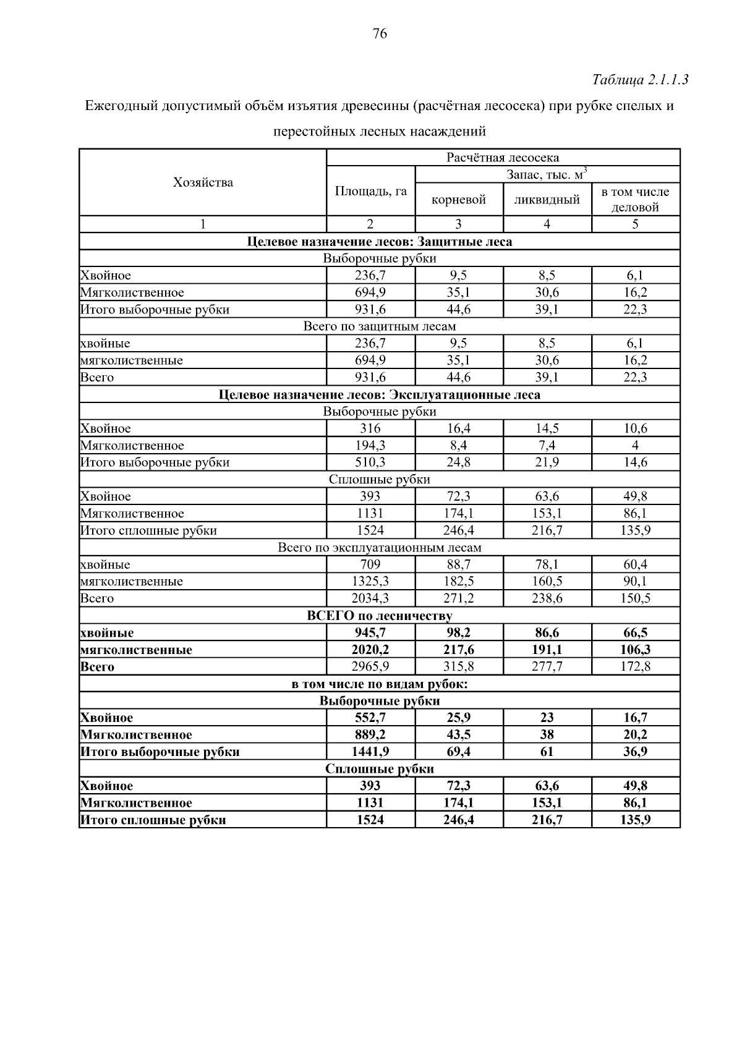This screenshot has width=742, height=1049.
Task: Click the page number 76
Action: coord(380,34)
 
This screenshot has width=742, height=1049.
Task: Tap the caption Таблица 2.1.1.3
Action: coord(640,80)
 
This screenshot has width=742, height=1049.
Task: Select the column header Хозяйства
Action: coord(203,182)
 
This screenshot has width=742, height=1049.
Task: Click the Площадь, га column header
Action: coord(370,191)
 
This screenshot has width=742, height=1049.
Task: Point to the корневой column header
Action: coord(459,200)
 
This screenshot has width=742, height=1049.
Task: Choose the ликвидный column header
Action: coord(547,200)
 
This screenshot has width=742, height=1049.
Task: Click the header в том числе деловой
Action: coord(635,200)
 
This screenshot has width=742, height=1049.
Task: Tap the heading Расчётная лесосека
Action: coord(503,158)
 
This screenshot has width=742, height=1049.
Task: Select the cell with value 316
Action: coord(370,428)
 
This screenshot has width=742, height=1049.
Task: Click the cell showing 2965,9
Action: coord(370,666)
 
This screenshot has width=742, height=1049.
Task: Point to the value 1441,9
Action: coord(370,752)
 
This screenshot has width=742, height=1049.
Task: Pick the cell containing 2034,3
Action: coord(370,598)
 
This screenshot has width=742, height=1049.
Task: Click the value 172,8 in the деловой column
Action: coord(635,666)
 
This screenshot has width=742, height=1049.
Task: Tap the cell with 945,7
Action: coord(370,632)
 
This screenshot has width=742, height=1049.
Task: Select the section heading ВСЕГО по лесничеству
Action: coord(380,616)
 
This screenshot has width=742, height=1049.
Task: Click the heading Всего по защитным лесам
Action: coord(380,326)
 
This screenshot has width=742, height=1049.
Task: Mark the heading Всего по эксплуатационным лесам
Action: coord(380,548)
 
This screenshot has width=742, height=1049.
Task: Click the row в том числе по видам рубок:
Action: coord(380,684)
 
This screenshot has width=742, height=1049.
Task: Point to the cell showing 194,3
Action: coord(370,446)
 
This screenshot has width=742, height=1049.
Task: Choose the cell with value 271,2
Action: coord(459,598)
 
